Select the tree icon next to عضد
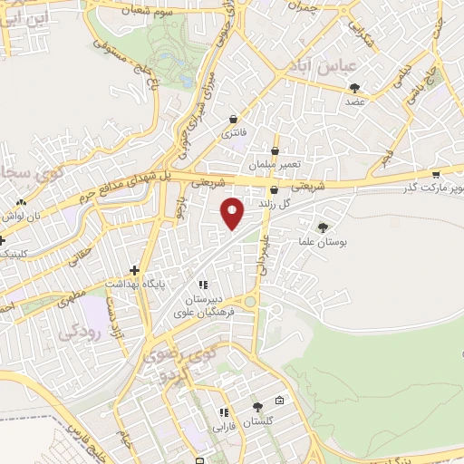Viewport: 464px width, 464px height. tap(354, 88)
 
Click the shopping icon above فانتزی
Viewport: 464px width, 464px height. tap(234, 119)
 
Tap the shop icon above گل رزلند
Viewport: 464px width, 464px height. tap(274, 190)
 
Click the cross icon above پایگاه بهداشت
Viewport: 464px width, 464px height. tap(134, 269)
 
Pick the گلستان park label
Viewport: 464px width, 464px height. tap(259, 422)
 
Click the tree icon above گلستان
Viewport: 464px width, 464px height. tap(257, 407)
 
